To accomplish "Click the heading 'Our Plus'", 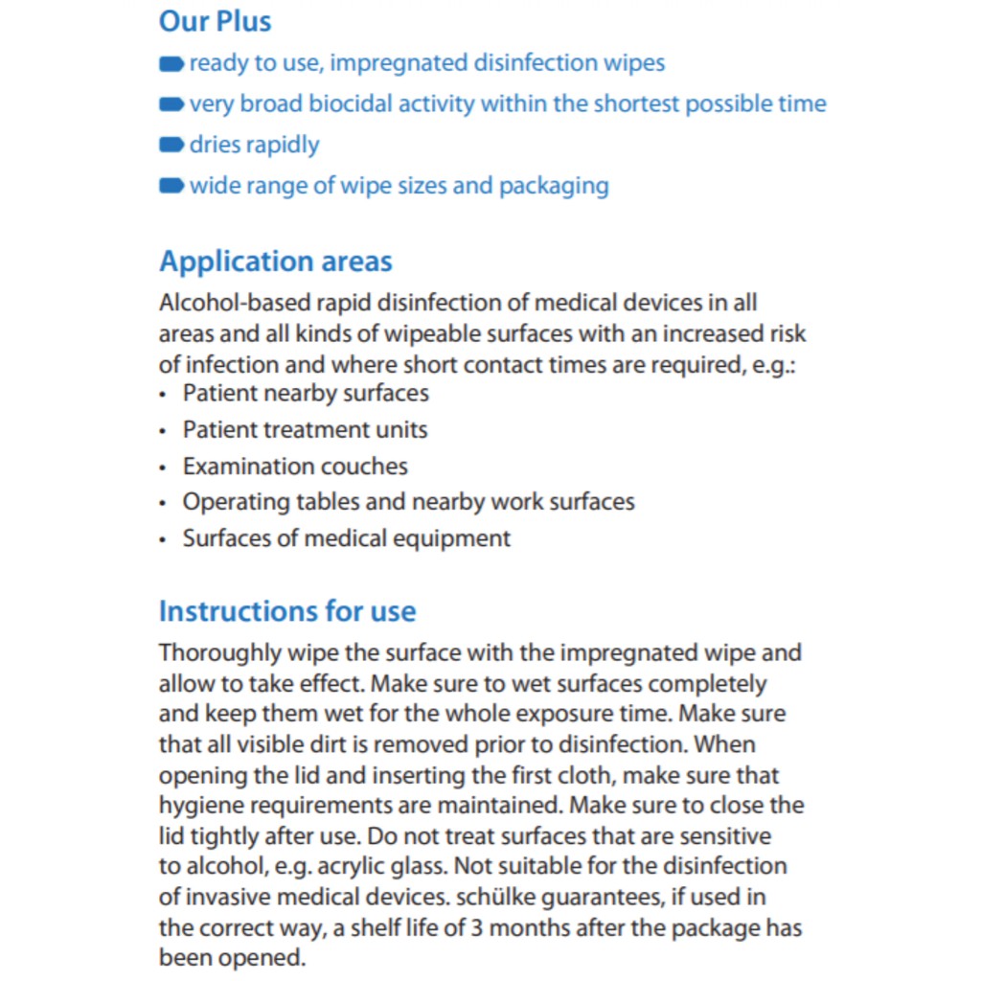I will click(215, 21).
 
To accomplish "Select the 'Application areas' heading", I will click(275, 262).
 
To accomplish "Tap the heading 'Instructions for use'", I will click(287, 611).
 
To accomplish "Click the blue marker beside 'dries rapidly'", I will click(171, 146).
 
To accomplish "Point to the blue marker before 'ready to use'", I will click(171, 64).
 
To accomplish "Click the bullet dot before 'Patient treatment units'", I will click(163, 430).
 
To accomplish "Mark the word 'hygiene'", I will click(196, 806).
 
